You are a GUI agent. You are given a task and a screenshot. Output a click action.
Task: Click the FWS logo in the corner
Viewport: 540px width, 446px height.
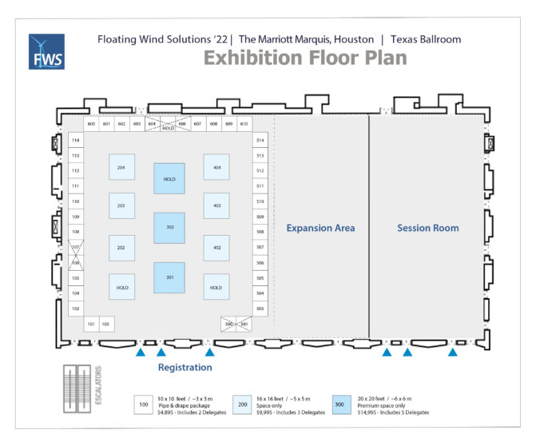(x=46, y=52)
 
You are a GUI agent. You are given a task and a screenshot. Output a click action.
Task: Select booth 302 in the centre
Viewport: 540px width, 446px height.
(x=169, y=228)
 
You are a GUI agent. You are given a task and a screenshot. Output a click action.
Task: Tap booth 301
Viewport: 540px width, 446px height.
(x=169, y=277)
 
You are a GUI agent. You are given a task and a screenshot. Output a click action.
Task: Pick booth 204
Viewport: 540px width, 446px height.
(x=121, y=167)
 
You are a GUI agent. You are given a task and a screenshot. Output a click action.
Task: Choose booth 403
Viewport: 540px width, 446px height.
(x=216, y=205)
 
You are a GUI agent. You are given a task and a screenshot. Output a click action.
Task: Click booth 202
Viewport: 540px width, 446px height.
(x=121, y=248)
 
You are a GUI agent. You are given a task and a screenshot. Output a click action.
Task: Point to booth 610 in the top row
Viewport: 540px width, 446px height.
(x=244, y=124)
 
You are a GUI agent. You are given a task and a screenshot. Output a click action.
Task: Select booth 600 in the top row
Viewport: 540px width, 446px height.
(x=91, y=124)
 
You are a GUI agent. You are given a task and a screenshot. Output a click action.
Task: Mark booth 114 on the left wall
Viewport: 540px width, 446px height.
(x=76, y=140)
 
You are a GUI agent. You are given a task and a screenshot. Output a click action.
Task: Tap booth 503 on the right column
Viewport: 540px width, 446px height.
(x=260, y=309)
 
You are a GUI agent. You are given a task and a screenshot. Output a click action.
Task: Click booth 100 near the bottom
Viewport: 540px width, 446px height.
(x=105, y=325)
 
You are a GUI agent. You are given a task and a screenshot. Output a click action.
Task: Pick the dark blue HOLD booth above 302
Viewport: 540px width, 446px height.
(x=169, y=179)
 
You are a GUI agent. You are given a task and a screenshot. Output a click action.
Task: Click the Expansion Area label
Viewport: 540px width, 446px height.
(x=320, y=229)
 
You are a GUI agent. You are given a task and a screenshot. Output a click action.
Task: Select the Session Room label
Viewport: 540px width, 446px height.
(x=428, y=229)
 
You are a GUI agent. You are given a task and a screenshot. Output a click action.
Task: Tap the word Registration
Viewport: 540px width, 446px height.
(x=185, y=368)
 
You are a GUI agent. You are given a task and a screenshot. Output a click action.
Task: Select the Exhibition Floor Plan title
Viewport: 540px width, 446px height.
(x=305, y=58)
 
